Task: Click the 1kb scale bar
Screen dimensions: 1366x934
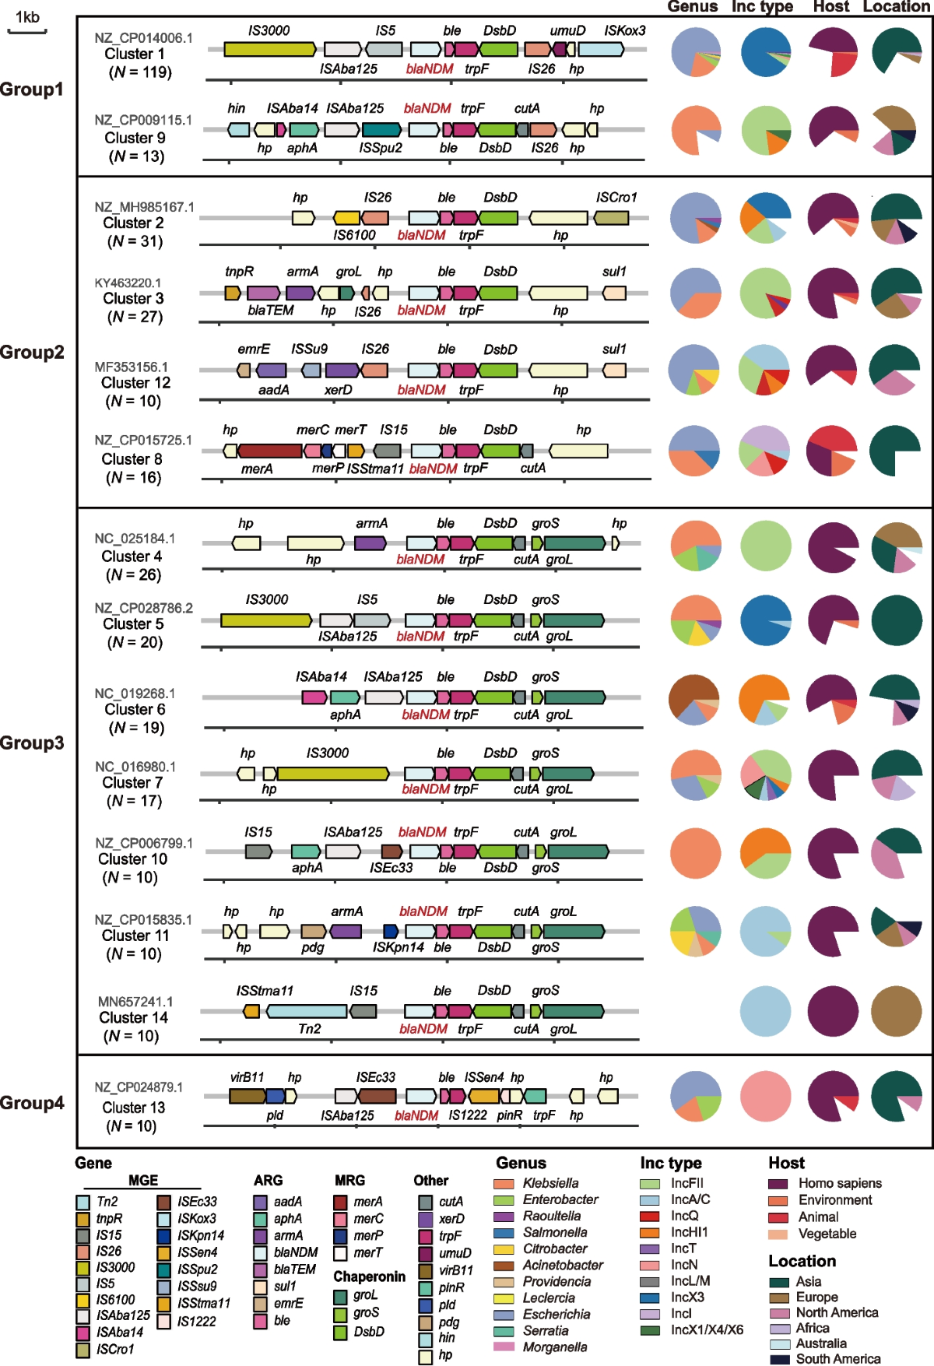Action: (x=27, y=31)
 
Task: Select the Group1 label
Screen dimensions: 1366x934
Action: (x=32, y=90)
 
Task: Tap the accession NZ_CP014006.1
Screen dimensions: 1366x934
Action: (x=143, y=37)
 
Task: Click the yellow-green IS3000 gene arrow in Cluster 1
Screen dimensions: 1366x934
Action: (x=269, y=50)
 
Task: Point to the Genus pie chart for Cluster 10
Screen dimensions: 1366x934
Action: (x=695, y=853)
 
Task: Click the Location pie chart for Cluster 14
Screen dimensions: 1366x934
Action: (x=896, y=1012)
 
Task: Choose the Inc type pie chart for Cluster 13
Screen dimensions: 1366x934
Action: (x=765, y=1096)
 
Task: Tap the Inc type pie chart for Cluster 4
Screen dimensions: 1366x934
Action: (x=765, y=546)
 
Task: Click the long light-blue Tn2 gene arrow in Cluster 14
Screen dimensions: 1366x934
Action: (x=307, y=1011)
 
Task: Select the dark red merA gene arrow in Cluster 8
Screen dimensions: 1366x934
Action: (x=269, y=451)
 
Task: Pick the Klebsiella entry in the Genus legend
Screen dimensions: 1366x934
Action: (x=550, y=1183)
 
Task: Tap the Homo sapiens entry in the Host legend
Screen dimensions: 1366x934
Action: (x=839, y=1183)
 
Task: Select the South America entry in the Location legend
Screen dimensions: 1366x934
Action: (x=837, y=1359)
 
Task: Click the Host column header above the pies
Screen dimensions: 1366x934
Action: (x=831, y=7)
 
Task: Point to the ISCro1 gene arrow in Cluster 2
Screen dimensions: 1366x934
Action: (x=611, y=218)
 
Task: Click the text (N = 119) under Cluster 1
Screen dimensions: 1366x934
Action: (x=140, y=72)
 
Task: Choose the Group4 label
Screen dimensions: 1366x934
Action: (x=32, y=1103)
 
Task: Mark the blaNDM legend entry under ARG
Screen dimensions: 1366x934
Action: (x=295, y=1252)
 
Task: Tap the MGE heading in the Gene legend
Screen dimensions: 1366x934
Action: (x=143, y=1180)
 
